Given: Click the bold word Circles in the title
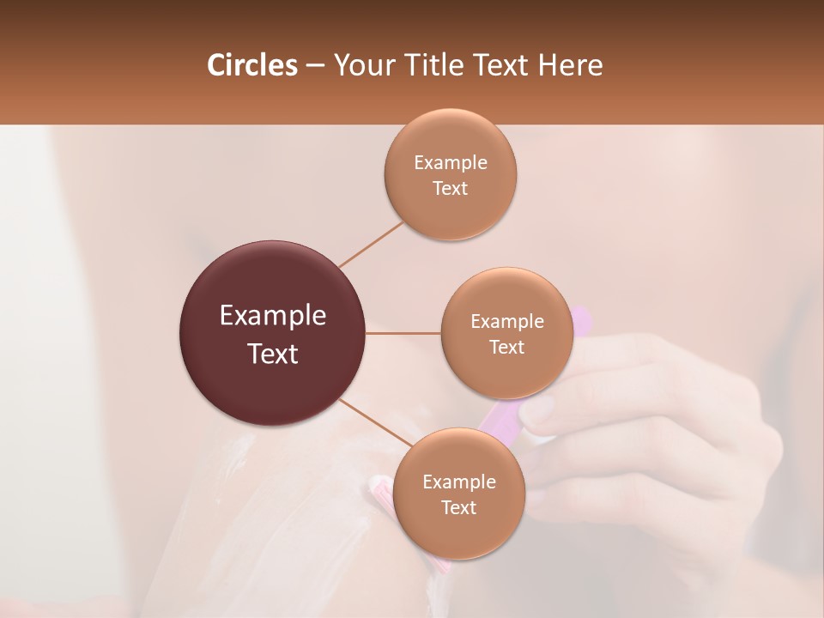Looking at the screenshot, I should coord(252,65).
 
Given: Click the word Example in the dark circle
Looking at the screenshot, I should coord(273,316).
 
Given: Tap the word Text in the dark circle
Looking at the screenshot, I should coord(273,354).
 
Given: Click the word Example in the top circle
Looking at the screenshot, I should coord(450,163).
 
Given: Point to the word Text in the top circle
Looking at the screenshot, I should coord(450,189).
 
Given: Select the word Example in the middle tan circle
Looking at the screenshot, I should coord(506,322).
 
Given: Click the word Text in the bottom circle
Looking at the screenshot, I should coord(458,508).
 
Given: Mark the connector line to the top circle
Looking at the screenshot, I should coord(371,244).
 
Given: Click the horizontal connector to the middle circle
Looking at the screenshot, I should coord(403,333).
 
